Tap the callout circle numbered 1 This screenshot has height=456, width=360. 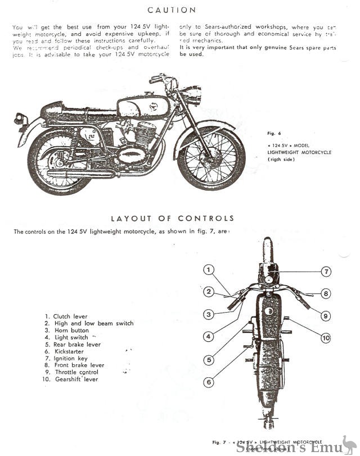(209, 270)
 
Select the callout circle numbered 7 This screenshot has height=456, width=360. (326, 272)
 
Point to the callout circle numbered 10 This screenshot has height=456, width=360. (326, 337)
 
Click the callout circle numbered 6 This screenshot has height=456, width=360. (209, 382)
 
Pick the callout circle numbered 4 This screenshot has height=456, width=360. (209, 337)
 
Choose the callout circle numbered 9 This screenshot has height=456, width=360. (326, 315)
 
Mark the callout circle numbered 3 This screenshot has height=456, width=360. (209, 314)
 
